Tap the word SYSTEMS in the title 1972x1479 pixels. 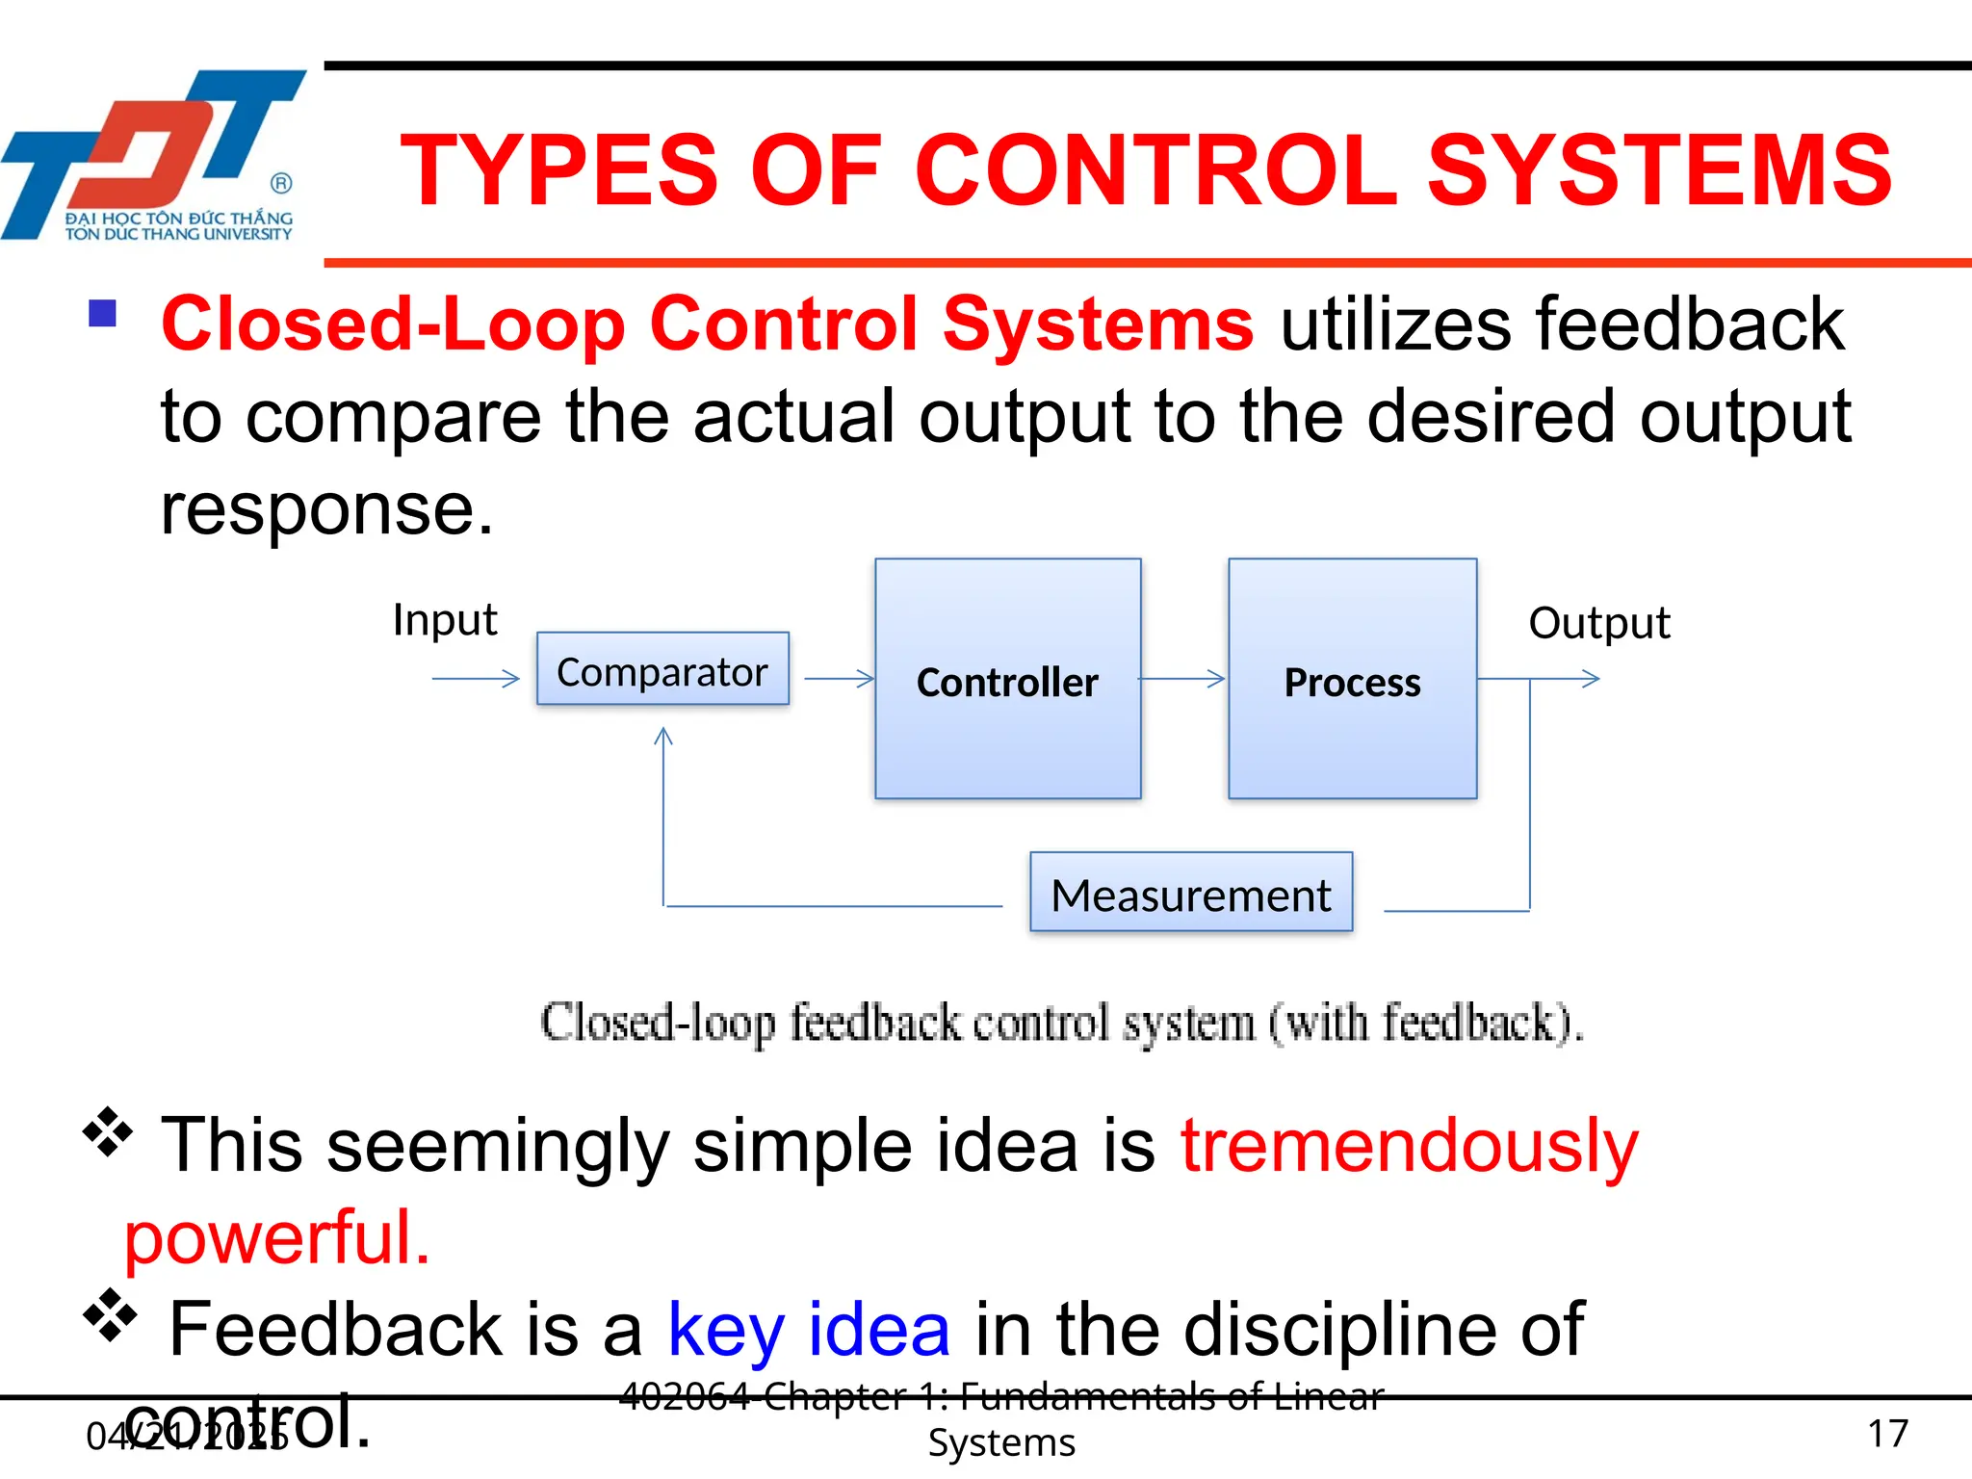click(x=1658, y=171)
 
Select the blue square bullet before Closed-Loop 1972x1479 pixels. click(x=102, y=314)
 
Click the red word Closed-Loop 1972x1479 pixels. click(x=395, y=324)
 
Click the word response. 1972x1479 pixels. click(x=325, y=509)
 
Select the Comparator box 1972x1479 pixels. click(x=662, y=669)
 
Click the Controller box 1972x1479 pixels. click(x=1007, y=679)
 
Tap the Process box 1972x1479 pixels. click(x=1352, y=679)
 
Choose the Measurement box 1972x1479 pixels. click(x=1191, y=893)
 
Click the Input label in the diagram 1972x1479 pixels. click(x=445, y=620)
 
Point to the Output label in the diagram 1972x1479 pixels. click(x=1598, y=623)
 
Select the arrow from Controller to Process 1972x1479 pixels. click(x=1182, y=679)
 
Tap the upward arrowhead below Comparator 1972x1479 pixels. click(x=662, y=737)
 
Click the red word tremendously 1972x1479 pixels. click(x=1409, y=1146)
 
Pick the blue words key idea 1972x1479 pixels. click(x=809, y=1330)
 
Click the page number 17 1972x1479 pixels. click(x=1887, y=1434)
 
